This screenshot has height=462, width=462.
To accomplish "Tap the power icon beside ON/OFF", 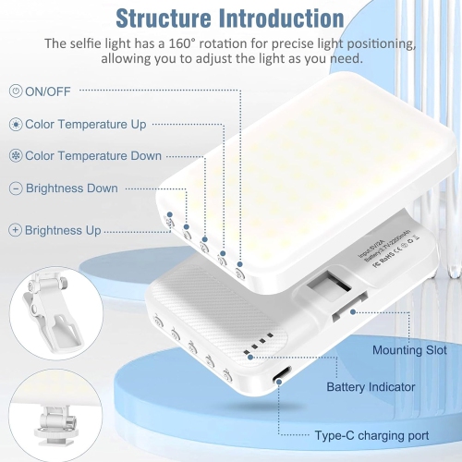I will [15, 91].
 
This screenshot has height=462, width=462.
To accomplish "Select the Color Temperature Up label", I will [85, 124].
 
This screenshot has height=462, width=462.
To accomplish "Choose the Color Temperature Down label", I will [93, 156].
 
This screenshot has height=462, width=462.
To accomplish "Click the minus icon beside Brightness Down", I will [15, 188].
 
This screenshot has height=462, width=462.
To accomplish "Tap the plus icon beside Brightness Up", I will [15, 230].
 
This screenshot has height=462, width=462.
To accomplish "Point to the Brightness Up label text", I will [63, 230].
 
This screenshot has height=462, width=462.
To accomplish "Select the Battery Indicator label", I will [373, 386].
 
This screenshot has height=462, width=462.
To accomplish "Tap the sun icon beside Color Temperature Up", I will [15, 124].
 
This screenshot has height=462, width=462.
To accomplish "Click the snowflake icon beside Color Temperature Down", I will [15, 156].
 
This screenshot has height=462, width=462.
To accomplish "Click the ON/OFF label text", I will [50, 91].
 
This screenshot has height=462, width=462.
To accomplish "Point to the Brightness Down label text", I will [71, 188].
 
